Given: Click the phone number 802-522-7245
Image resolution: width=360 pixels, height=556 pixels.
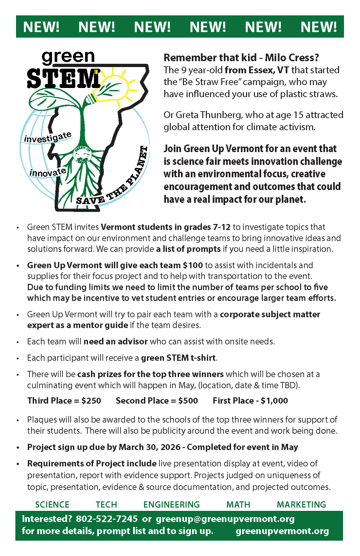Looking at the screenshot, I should [x=107, y=519].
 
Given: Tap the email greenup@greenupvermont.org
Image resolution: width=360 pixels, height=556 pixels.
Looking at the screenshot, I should [x=225, y=519].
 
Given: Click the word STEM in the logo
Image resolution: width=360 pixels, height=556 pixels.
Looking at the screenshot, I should [x=63, y=78].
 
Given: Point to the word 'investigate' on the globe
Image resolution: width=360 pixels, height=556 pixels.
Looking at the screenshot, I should [x=48, y=137].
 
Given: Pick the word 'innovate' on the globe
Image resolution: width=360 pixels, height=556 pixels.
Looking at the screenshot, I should [x=48, y=172].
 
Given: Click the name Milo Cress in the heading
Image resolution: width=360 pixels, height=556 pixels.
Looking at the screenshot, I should [x=292, y=58].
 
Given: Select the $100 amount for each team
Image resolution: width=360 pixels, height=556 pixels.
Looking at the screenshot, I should [x=193, y=265].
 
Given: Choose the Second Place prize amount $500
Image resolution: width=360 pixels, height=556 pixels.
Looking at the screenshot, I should [x=188, y=401].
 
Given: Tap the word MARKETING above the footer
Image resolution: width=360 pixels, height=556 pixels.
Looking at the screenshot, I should [x=301, y=505].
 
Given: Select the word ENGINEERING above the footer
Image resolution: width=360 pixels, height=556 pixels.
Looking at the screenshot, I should [x=171, y=505].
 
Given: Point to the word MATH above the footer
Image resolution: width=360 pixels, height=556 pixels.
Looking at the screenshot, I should [x=238, y=505].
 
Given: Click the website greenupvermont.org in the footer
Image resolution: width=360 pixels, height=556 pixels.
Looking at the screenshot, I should [x=282, y=531].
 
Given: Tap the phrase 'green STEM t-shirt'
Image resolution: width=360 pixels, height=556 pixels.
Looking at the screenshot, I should [x=178, y=358].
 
